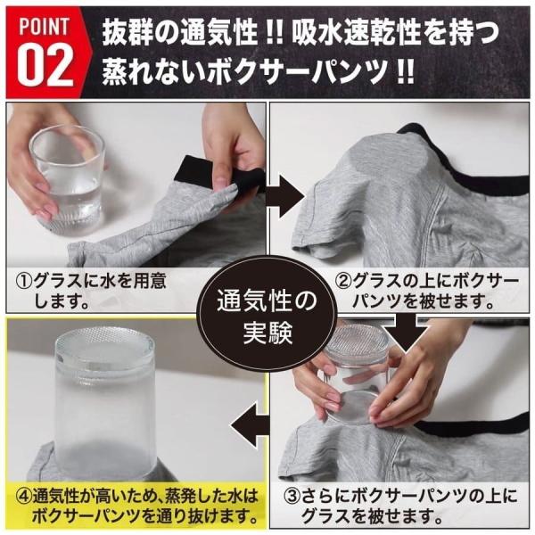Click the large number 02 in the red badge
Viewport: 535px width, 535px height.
pyautogui.click(x=45, y=67)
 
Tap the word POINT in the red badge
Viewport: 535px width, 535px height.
pyautogui.click(x=44, y=27)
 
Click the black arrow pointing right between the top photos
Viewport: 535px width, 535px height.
pyautogui.click(x=285, y=197)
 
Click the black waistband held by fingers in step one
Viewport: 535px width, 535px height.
pyautogui.click(x=218, y=175)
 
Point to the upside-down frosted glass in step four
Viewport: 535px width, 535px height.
pyautogui.click(x=104, y=403)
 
